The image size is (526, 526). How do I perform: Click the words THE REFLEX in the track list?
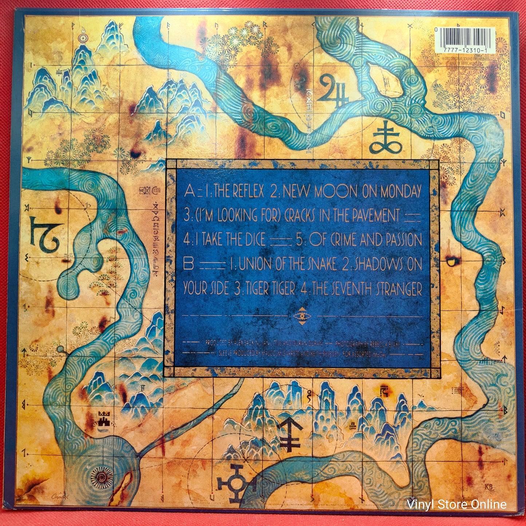pyautogui.click(x=238, y=191)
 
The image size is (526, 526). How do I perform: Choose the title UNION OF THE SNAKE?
pyautogui.click(x=288, y=265)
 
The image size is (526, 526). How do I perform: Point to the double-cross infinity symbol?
pyautogui.click(x=386, y=139)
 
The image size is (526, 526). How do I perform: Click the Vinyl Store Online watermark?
pyautogui.click(x=457, y=504)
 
